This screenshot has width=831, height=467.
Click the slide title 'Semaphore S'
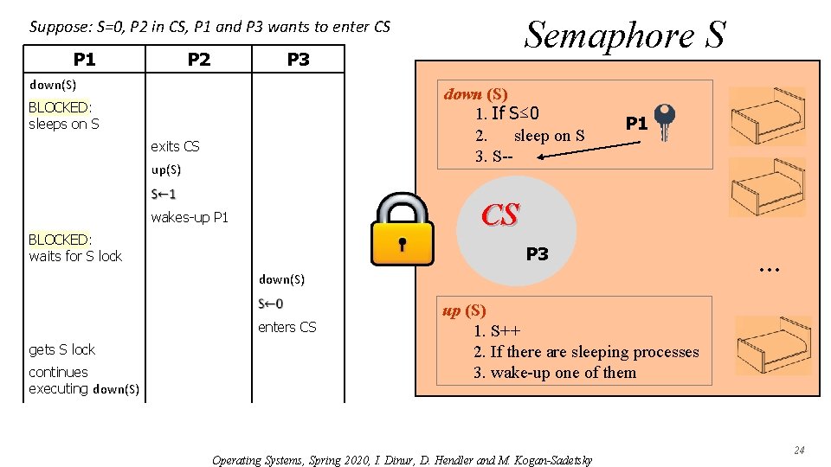coord(625,35)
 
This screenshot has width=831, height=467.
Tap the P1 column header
coord(85,59)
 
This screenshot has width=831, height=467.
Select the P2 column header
coord(199,59)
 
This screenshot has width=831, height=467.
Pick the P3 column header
coord(298,59)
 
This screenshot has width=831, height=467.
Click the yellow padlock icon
coord(401,229)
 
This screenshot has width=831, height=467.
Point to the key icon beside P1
coord(665,122)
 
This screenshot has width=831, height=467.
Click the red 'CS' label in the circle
coord(500,215)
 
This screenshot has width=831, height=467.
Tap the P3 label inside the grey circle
coord(537,253)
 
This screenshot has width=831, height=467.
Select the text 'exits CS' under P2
coord(175,146)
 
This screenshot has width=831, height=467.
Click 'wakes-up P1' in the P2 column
coord(190,217)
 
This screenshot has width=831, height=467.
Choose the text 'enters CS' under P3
coord(287,327)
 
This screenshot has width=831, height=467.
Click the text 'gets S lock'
coord(62,349)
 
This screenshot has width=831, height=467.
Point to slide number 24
coord(799,450)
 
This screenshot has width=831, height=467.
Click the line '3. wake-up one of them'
coord(554,373)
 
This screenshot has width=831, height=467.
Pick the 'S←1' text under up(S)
coord(163,194)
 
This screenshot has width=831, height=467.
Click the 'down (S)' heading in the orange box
coord(475,93)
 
